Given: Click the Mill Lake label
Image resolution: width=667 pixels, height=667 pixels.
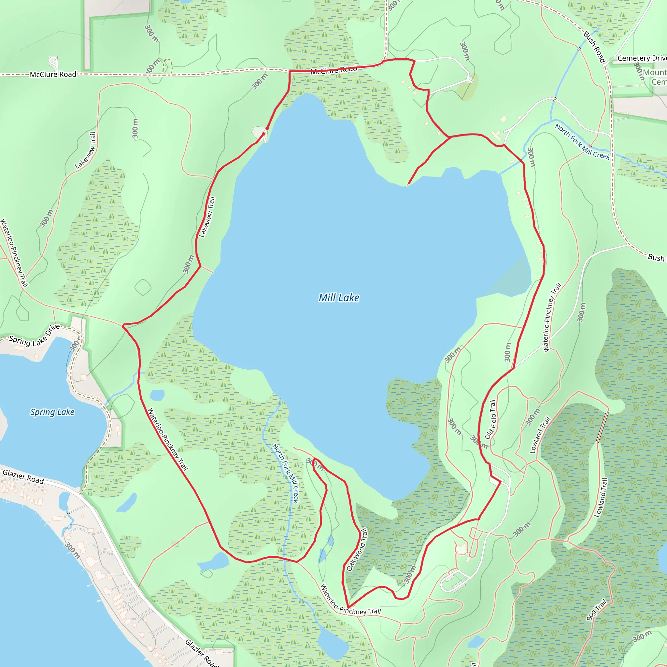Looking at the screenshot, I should click(x=339, y=298).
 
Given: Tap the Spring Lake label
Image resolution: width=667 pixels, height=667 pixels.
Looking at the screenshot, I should click(x=52, y=412).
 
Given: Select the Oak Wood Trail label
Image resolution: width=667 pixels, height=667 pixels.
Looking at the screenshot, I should click(x=357, y=550).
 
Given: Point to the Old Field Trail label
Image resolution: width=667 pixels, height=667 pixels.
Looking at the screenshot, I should click(x=490, y=419).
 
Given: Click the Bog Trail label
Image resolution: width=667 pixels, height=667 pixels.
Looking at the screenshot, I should click(x=596, y=610).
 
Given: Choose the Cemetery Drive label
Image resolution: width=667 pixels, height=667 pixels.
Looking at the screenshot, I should click(x=642, y=58).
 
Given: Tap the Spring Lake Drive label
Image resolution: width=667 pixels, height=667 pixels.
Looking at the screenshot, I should click(x=35, y=336).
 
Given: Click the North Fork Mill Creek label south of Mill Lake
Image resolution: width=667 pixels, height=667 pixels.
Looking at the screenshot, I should click(x=285, y=473).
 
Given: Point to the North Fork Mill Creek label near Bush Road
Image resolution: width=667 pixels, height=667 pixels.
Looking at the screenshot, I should click(x=582, y=142).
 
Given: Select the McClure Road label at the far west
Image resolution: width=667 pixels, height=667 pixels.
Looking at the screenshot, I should click(x=53, y=74).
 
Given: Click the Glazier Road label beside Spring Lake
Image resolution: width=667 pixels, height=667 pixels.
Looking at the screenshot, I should click(x=23, y=477).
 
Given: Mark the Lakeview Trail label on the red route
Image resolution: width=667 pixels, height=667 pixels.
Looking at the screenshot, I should click(x=207, y=217).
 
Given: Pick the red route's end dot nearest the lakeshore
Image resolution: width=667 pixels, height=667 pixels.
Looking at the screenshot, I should click(x=264, y=134).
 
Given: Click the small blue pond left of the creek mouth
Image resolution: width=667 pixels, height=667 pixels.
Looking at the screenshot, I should click(x=157, y=395).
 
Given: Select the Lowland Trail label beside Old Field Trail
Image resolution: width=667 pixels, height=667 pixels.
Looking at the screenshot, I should click(x=540, y=435).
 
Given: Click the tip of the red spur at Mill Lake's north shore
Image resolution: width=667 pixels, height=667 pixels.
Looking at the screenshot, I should click(x=408, y=185).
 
